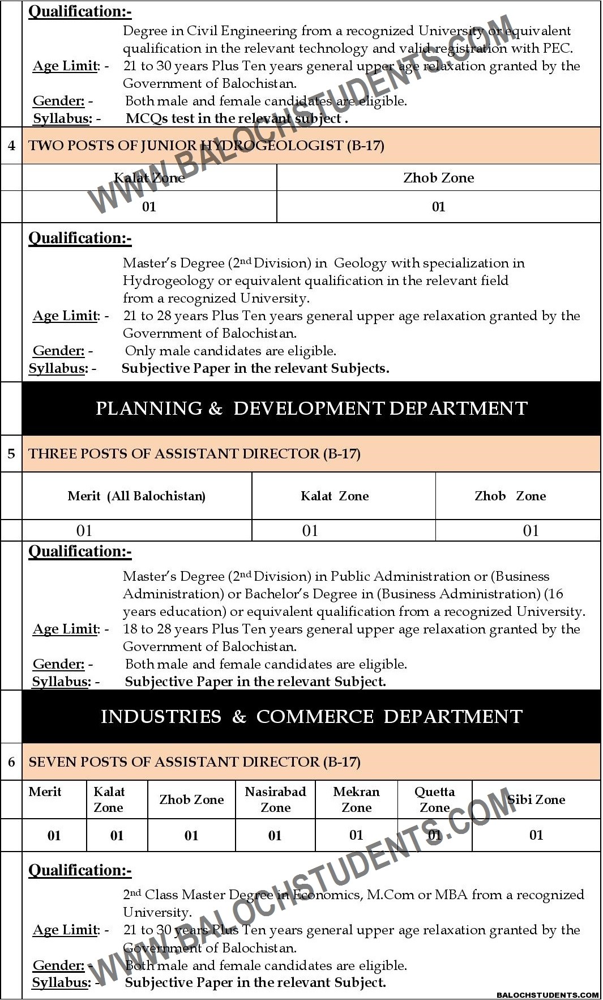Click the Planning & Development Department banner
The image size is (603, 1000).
click(311, 408)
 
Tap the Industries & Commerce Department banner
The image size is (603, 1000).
click(311, 717)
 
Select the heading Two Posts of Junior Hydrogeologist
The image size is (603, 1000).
click(206, 146)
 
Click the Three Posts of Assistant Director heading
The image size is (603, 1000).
click(194, 454)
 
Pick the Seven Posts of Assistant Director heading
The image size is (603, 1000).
click(194, 762)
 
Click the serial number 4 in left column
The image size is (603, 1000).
click(11, 146)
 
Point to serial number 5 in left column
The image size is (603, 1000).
click(11, 454)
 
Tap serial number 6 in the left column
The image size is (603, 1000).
click(11, 762)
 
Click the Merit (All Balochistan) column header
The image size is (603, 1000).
click(136, 496)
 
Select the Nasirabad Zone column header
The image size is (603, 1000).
click(275, 799)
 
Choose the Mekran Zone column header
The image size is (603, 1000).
click(356, 799)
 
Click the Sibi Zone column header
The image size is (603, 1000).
click(536, 799)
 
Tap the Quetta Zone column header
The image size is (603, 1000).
click(434, 799)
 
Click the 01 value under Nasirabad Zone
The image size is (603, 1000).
click(275, 835)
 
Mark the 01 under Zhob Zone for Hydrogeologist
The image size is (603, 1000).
click(439, 207)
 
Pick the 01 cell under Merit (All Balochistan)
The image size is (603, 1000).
click(84, 531)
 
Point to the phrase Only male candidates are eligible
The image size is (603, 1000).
click(230, 351)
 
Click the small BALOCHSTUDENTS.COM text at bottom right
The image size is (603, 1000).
click(547, 995)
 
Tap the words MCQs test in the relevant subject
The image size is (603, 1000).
click(236, 118)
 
